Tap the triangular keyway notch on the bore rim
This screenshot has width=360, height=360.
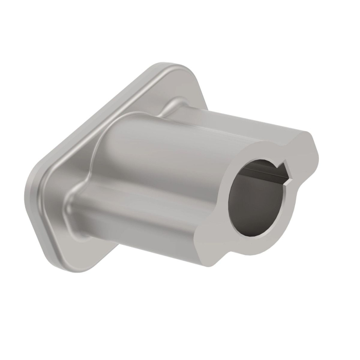click(x=284, y=168)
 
